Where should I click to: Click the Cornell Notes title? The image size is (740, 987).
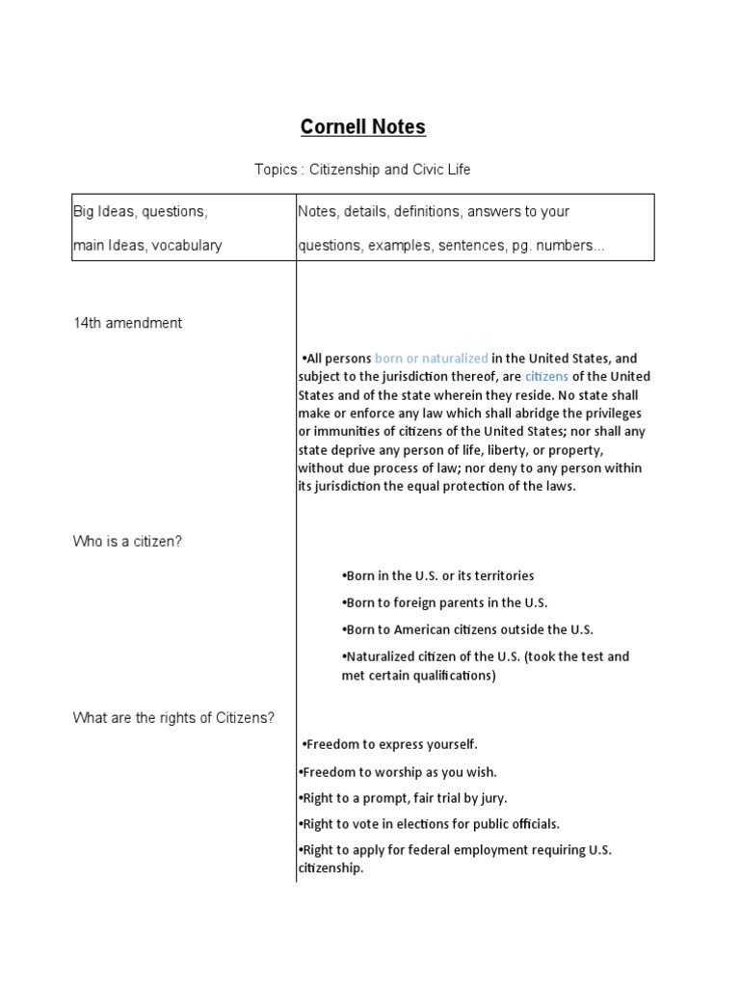[362, 127]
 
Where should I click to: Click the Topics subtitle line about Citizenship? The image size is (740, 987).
[362, 170]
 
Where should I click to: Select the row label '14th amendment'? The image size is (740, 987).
[127, 323]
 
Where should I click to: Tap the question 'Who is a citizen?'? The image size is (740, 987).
[127, 541]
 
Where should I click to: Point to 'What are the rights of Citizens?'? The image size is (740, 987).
[174, 717]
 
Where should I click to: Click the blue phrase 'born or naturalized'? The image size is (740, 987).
[431, 359]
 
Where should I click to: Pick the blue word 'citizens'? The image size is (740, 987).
[546, 377]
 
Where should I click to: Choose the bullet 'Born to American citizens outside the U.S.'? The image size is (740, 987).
[467, 629]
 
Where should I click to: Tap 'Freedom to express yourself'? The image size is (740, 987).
[390, 744]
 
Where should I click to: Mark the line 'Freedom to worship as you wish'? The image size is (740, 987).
[398, 772]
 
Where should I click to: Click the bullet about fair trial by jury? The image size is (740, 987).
[403, 798]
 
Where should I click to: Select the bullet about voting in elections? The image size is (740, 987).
[429, 824]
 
